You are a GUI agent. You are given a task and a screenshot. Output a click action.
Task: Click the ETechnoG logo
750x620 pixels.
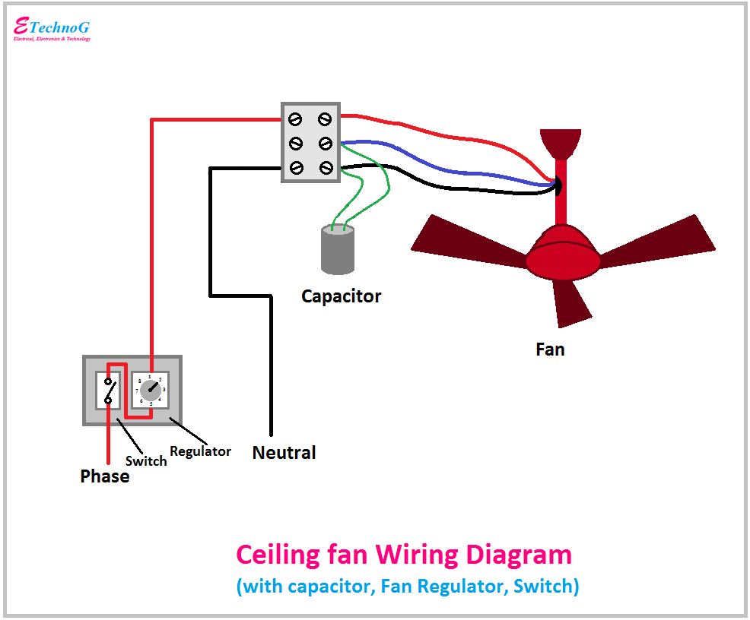52,29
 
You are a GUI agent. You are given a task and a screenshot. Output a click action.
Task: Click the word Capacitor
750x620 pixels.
341,296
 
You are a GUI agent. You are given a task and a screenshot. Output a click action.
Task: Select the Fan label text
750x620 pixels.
550,350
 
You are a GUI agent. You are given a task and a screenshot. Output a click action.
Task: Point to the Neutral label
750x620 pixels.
284,453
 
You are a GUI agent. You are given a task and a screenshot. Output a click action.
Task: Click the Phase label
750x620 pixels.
104,476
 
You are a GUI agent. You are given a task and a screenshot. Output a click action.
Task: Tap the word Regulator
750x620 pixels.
200,451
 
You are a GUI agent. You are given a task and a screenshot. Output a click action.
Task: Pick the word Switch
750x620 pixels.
146,461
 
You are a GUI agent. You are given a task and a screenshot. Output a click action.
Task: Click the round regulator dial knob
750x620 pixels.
151,390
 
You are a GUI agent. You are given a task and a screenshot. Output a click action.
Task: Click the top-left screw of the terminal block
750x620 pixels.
295,119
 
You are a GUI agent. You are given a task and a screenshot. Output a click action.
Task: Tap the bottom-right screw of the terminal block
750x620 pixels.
326,167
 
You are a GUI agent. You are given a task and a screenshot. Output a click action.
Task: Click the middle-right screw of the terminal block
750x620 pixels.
326,143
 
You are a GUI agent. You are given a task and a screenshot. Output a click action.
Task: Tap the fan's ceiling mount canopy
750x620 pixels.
560,143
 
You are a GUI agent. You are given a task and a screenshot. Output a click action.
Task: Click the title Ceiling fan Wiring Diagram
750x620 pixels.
403,554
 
